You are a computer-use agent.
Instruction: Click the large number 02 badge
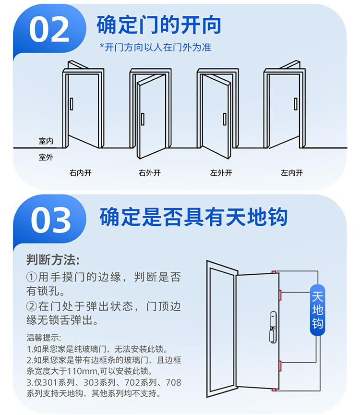click(49, 30)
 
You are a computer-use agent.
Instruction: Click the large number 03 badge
click(51, 220)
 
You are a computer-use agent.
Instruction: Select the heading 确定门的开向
click(159, 24)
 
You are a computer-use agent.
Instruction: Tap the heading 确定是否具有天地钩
click(193, 217)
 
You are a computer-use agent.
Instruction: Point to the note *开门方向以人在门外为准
click(155, 47)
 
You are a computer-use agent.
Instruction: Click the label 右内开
click(80, 173)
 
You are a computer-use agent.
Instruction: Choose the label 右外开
click(149, 173)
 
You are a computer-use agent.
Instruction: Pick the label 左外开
click(221, 173)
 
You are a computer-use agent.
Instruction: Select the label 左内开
click(292, 173)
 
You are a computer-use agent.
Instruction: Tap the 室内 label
click(46, 141)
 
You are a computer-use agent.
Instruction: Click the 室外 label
click(46, 157)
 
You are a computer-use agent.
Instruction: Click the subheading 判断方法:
click(53, 260)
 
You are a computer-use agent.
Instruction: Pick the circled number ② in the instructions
click(32, 306)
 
